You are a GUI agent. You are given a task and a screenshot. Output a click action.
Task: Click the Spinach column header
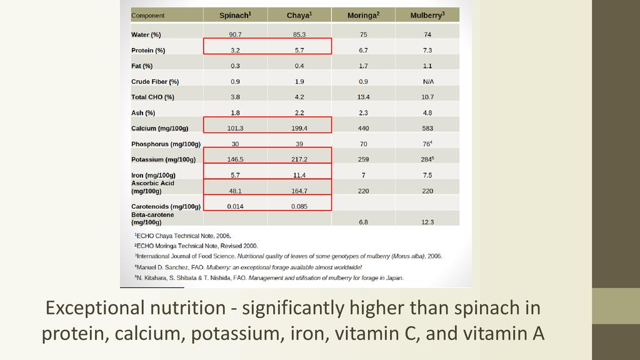[x=235, y=15]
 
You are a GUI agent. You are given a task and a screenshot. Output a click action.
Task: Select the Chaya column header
[x=299, y=15]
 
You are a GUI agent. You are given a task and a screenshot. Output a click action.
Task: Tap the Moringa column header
[x=363, y=15]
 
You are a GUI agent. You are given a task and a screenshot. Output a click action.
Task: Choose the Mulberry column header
[x=427, y=15]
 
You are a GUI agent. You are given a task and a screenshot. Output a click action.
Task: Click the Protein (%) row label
[x=148, y=50]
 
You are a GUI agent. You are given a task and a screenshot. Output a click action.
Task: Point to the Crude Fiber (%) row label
[x=155, y=81]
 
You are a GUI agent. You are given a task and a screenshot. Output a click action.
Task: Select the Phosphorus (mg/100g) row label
[x=166, y=144]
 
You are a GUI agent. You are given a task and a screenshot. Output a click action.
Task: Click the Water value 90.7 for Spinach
[x=235, y=34]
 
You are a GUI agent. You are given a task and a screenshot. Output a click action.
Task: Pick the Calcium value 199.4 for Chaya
[x=299, y=128]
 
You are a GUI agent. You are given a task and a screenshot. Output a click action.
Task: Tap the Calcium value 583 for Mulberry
[x=427, y=128]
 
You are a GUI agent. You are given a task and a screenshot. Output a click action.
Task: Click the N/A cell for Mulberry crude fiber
[x=427, y=81]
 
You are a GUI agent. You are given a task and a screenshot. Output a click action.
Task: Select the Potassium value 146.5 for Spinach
[x=235, y=159]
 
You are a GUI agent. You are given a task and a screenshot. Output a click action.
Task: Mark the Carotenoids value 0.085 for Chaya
[x=299, y=206]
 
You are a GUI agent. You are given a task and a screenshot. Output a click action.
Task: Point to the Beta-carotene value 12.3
[x=427, y=222]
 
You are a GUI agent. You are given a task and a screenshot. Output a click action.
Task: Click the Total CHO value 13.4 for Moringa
[x=363, y=97]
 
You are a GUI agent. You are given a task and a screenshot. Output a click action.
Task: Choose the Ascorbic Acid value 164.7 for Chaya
[x=299, y=191]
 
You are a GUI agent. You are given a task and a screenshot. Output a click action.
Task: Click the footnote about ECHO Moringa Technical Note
[x=196, y=246]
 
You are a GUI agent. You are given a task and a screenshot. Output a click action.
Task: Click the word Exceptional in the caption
[x=92, y=308]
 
